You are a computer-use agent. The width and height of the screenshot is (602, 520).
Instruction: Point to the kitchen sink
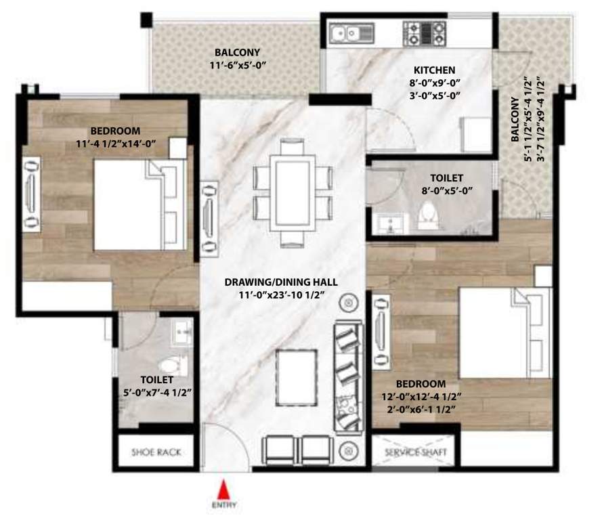click(347, 31)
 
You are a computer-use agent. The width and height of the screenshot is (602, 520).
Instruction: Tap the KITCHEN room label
click(434, 70)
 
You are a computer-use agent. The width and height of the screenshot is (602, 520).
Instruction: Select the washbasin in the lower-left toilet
click(180, 332)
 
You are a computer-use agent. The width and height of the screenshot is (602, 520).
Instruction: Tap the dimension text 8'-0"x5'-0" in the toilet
click(445, 190)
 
